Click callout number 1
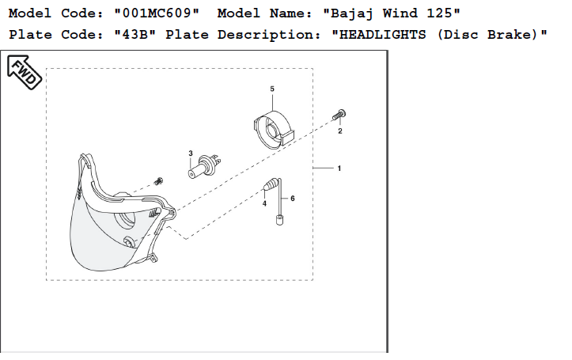339,169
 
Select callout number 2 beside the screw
340,131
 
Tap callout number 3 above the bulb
191,152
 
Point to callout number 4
264,203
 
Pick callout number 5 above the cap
272,89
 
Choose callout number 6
292,198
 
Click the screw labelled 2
339,115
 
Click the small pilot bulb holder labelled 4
271,186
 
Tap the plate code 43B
130,36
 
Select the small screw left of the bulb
158,181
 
